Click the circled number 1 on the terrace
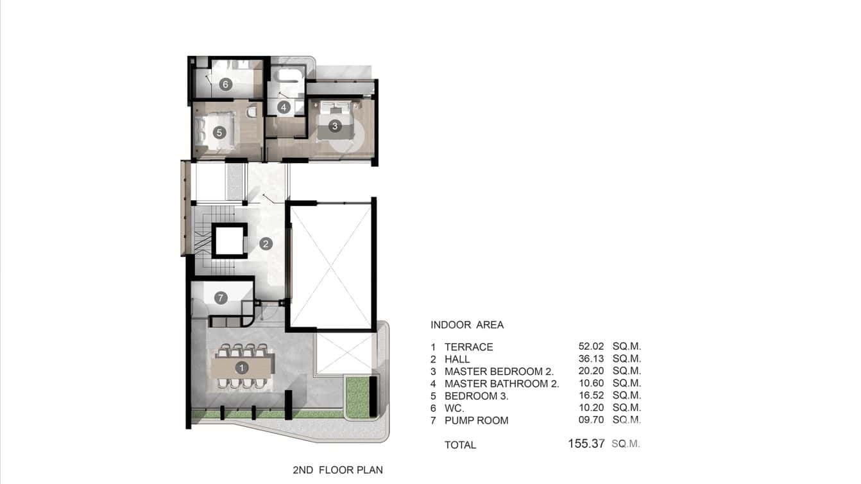pyautogui.click(x=241, y=368)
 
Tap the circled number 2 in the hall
pyautogui.click(x=266, y=244)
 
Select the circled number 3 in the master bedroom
pyautogui.click(x=334, y=126)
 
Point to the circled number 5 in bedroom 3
pyautogui.click(x=219, y=132)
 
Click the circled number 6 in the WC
pyautogui.click(x=225, y=84)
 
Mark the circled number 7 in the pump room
pyautogui.click(x=221, y=298)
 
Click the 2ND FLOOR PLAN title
pyautogui.click(x=337, y=470)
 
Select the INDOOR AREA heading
pyautogui.click(x=467, y=325)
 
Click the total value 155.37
pyautogui.click(x=586, y=444)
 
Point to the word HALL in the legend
pyautogui.click(x=457, y=359)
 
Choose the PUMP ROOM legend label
pyautogui.click(x=476, y=420)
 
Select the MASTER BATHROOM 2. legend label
pyautogui.click(x=502, y=384)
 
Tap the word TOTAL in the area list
pyautogui.click(x=460, y=445)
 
